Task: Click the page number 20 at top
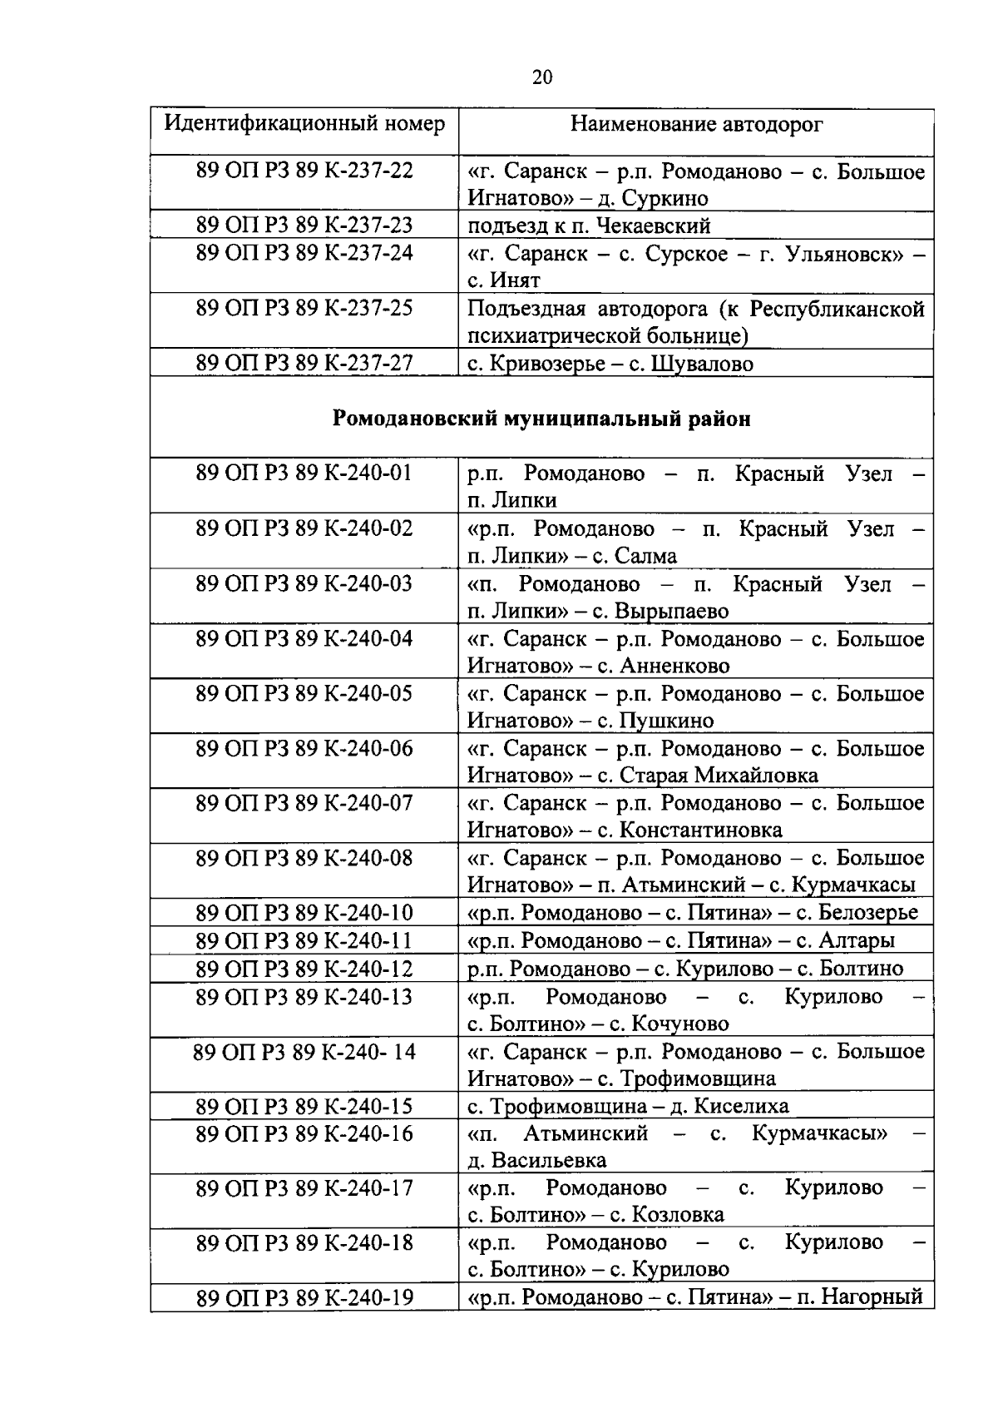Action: point(541,77)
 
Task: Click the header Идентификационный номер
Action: point(304,124)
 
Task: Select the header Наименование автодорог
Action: point(696,125)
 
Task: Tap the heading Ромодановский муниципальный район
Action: point(541,419)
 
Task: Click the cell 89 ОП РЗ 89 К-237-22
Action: point(304,171)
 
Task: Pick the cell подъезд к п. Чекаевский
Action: point(589,226)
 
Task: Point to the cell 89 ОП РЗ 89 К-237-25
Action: point(304,308)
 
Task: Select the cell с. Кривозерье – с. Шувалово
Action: point(610,364)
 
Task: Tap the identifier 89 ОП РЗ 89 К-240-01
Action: point(304,473)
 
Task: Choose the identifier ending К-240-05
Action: point(304,693)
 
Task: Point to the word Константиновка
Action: point(701,830)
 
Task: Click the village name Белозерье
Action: point(868,913)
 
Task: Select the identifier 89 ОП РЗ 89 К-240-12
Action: point(304,969)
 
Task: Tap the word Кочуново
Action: point(680,1024)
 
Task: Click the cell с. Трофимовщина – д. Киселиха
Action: point(628,1106)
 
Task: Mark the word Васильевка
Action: point(549,1161)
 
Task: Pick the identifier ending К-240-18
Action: point(304,1242)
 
